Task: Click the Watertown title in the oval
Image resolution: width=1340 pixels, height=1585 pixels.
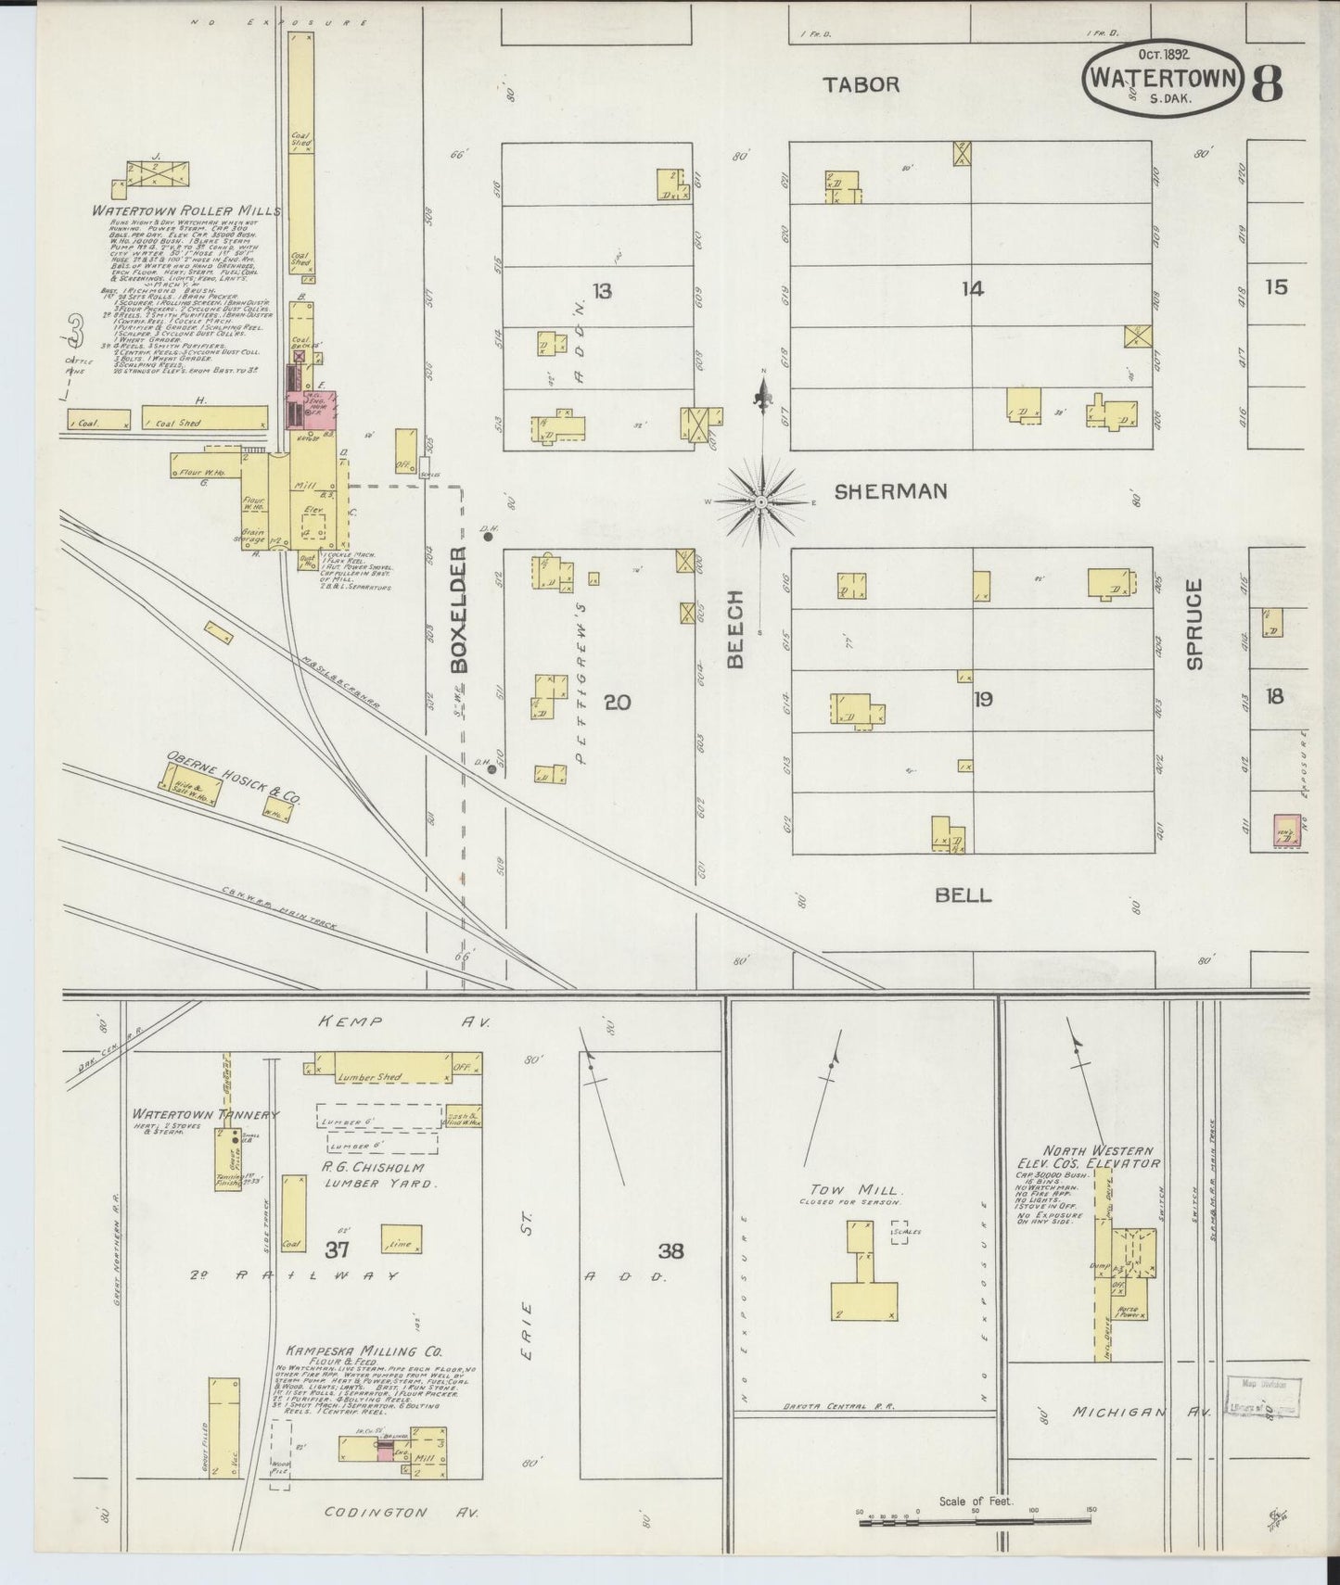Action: click(x=1163, y=75)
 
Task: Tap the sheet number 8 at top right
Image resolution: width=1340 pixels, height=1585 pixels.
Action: click(x=1267, y=83)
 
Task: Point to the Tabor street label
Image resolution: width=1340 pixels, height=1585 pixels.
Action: click(x=861, y=84)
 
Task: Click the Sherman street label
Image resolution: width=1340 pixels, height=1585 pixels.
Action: click(x=890, y=491)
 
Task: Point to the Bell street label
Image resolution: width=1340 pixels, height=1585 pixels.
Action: click(x=963, y=894)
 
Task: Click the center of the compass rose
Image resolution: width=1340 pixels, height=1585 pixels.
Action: click(x=760, y=501)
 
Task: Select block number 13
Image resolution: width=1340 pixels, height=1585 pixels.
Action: click(x=602, y=292)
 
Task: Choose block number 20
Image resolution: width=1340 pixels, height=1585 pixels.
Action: click(x=617, y=702)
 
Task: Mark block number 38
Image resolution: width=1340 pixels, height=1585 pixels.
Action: click(x=670, y=1251)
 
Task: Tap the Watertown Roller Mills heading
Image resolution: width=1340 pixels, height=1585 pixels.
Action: click(x=185, y=211)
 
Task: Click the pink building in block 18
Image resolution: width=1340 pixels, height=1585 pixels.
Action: click(x=1285, y=831)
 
